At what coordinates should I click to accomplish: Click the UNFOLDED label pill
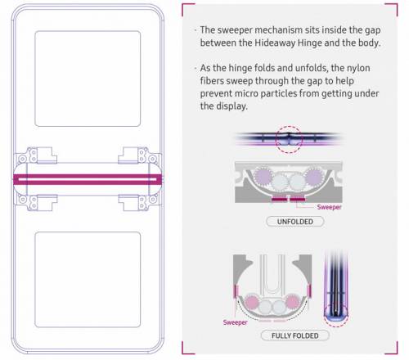click(x=295, y=222)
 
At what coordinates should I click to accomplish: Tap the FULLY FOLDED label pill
click(x=295, y=335)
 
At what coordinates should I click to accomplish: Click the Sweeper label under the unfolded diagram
click(x=329, y=207)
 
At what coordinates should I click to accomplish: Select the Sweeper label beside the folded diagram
click(x=235, y=322)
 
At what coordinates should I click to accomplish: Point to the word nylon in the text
click(x=358, y=68)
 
